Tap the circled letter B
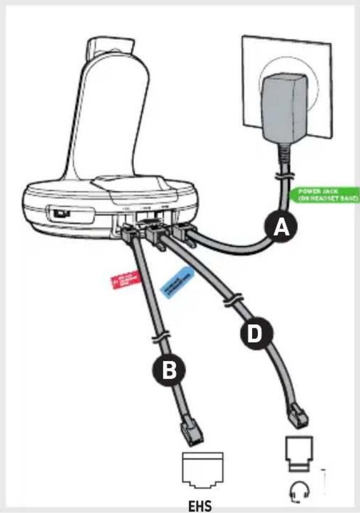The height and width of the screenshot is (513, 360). pos(168,371)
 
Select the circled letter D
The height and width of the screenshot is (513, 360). pos(253,335)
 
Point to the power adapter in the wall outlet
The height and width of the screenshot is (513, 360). pos(283,108)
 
